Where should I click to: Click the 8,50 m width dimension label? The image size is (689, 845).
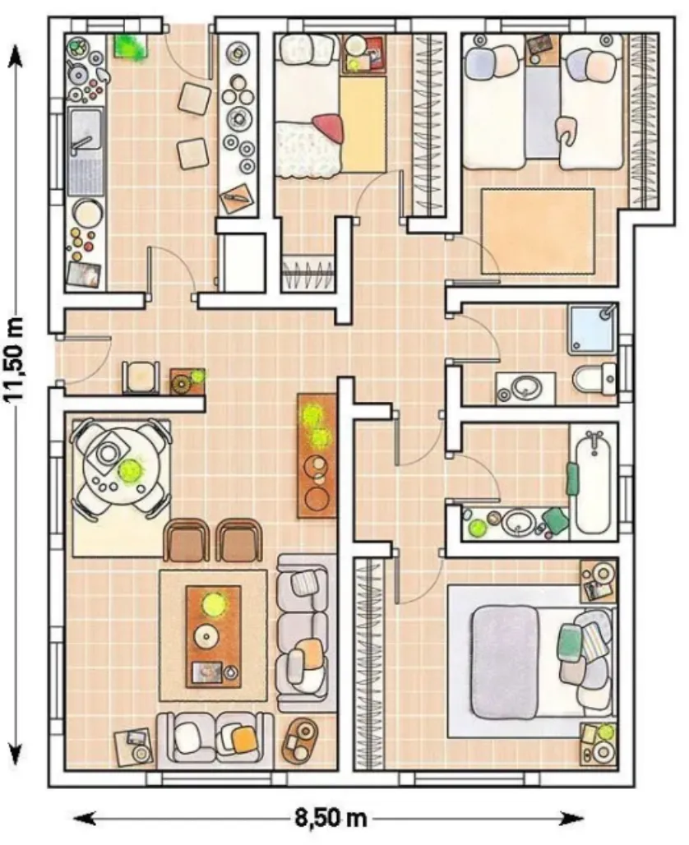point(330,819)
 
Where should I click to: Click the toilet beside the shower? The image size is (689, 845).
point(594,379)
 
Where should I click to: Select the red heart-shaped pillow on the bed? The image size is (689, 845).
point(328,127)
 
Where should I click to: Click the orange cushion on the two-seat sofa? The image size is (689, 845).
point(244,739)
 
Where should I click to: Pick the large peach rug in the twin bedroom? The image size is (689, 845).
point(538,231)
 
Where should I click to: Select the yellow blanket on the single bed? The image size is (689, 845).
point(363,124)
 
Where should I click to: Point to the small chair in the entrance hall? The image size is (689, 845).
point(141,377)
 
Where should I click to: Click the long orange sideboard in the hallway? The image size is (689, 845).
point(317,455)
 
